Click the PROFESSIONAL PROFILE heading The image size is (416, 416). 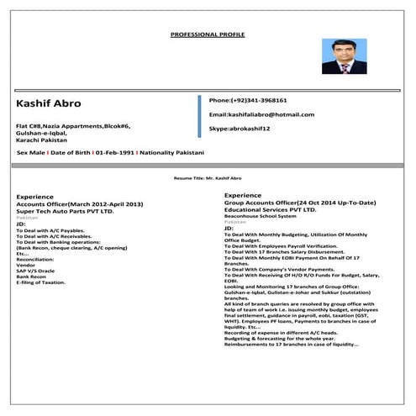[207, 34]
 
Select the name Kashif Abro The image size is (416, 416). [49, 103]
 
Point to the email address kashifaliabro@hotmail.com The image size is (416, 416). [261, 114]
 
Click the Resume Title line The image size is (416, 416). [207, 179]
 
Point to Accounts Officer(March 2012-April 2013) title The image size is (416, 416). [81, 204]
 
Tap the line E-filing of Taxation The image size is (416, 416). [40, 283]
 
